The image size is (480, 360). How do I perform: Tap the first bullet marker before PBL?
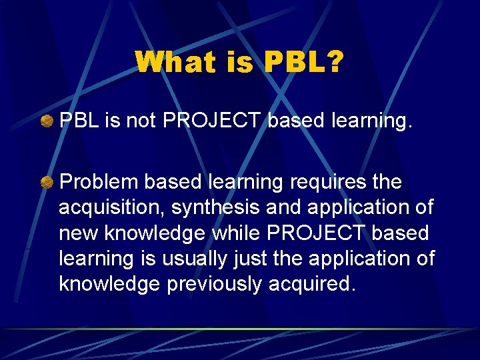point(47,122)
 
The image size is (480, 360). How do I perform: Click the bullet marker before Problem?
point(47,183)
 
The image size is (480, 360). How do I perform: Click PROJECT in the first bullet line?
point(211,121)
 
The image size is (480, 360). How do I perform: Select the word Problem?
point(98,182)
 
